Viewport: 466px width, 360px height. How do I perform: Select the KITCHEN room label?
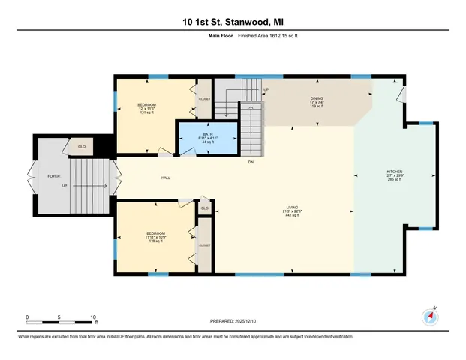tap(394, 172)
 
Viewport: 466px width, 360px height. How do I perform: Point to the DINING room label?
tap(317, 98)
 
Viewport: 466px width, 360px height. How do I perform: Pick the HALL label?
tap(164, 178)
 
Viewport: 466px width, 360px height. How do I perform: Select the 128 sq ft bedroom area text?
tap(155, 241)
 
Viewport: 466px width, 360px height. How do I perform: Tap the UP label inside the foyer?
tap(65, 187)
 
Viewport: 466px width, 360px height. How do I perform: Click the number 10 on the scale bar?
tap(93, 316)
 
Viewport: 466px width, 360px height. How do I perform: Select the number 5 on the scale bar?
tap(59, 316)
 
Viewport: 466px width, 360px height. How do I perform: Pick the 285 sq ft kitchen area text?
tap(394, 180)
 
